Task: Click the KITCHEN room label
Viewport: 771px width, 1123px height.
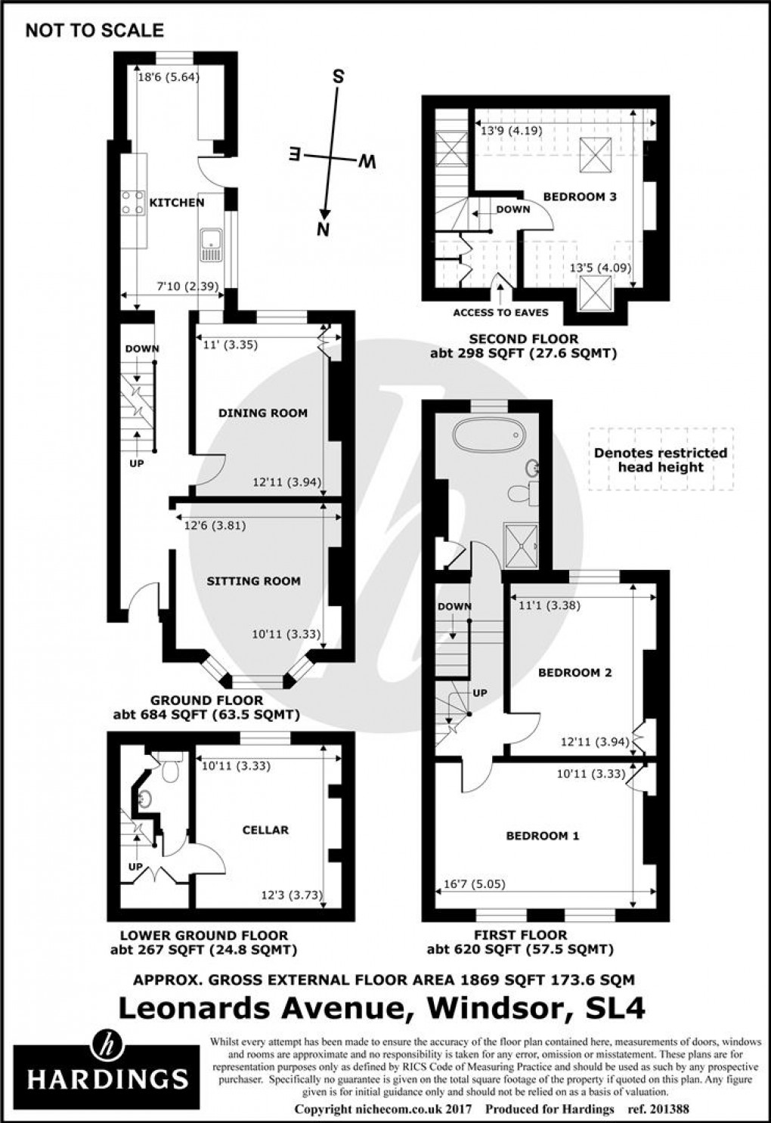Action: [176, 203]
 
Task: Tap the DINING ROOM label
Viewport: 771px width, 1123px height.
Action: [263, 413]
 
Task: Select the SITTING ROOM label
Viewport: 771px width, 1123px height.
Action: [253, 581]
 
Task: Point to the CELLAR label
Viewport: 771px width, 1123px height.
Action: [265, 830]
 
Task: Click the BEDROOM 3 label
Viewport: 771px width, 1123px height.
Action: [580, 196]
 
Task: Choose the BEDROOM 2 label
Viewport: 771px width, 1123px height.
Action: [574, 673]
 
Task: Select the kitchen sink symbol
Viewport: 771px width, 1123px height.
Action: [211, 245]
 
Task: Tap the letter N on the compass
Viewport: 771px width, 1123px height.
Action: [323, 230]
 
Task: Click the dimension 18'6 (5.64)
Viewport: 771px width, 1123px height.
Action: [168, 76]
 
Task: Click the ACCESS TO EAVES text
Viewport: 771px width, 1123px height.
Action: [501, 312]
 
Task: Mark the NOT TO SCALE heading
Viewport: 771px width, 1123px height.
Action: [94, 31]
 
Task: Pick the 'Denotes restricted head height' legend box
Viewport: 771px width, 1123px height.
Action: [661, 459]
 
